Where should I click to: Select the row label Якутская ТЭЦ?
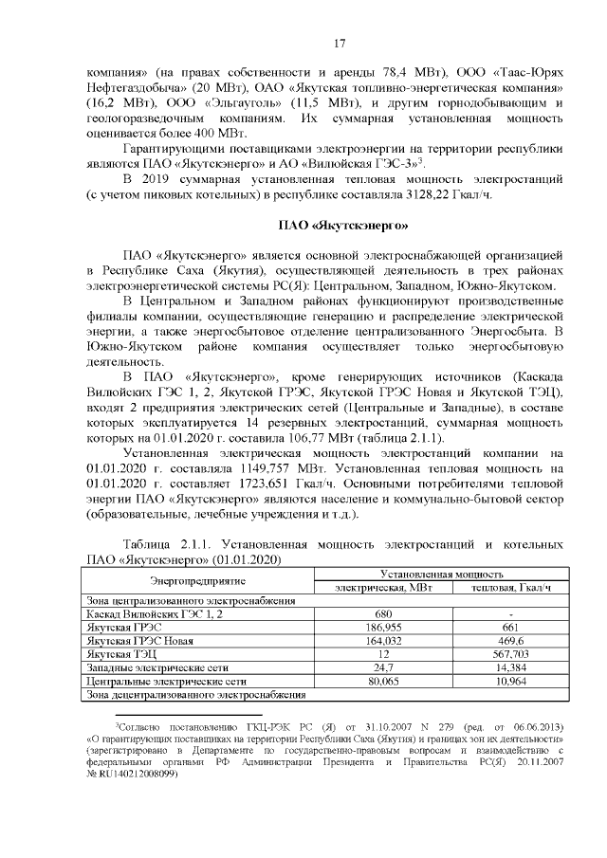pyautogui.click(x=119, y=654)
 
